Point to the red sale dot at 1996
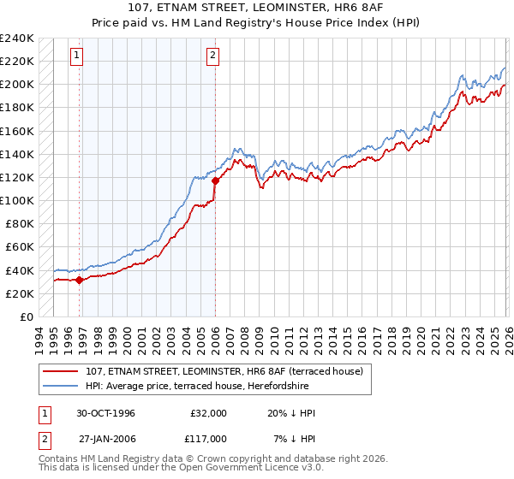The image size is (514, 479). point(80,279)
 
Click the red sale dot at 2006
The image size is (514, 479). point(215,180)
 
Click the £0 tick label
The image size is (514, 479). point(26,316)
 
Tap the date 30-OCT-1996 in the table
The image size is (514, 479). point(106,413)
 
